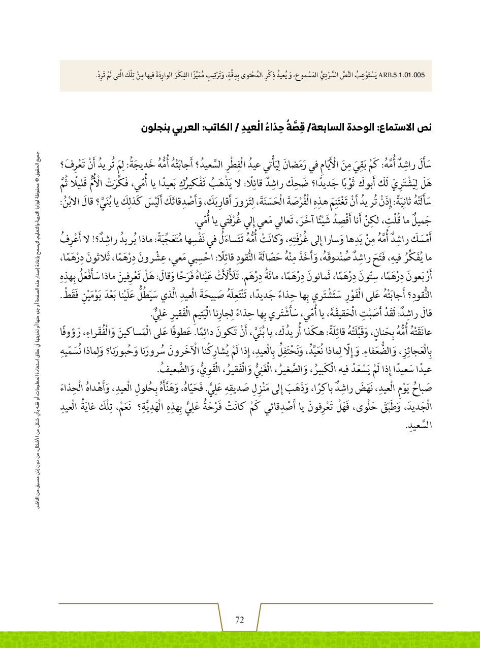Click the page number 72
point(240,620)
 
